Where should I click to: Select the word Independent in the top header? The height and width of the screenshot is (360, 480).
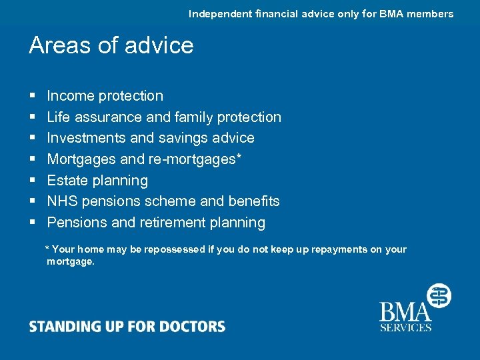click(x=221, y=13)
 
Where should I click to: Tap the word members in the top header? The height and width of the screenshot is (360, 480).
click(x=429, y=13)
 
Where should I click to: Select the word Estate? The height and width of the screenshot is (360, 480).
click(x=67, y=180)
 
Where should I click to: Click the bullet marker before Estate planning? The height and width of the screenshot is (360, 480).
click(x=32, y=181)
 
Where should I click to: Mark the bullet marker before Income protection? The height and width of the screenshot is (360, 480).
click(x=32, y=97)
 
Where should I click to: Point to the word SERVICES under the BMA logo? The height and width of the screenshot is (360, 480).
click(x=405, y=327)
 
